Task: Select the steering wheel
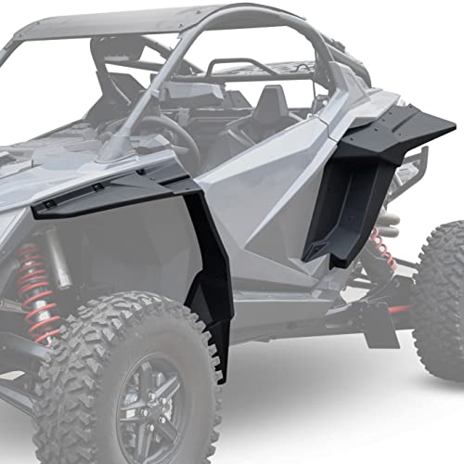(x=172, y=139)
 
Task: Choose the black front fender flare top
(x=102, y=190)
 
